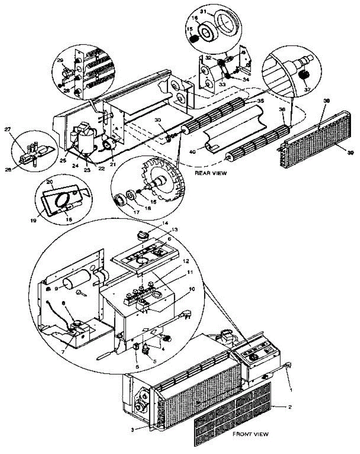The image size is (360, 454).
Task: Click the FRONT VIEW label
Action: (251, 434)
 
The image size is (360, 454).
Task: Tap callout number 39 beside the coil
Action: (340, 152)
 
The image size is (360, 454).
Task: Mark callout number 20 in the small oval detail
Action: (50, 182)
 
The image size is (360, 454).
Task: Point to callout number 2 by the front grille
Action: (290, 407)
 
